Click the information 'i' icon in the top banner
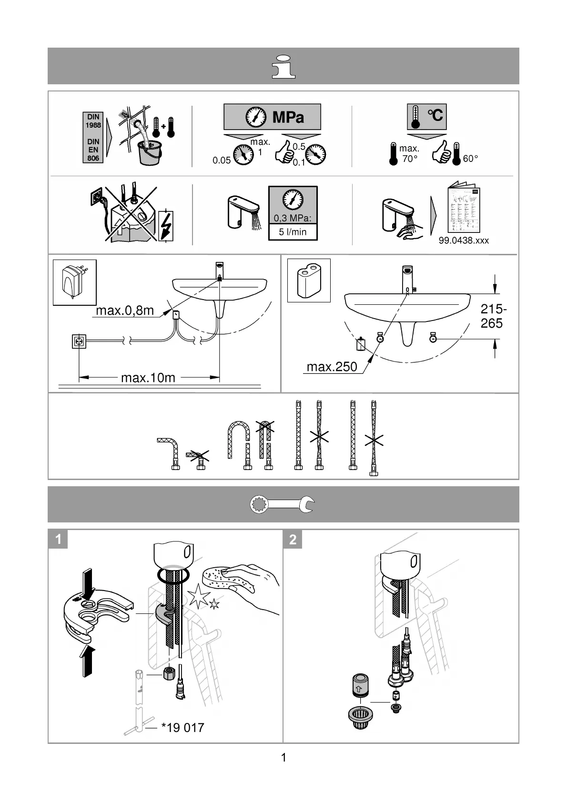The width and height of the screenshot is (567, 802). pos(283,66)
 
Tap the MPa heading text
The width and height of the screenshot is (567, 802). pos(288,117)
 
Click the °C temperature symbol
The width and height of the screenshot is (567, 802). pos(435,115)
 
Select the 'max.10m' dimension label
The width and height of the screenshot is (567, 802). pos(148,378)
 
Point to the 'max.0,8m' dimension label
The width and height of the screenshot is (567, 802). pos(125,311)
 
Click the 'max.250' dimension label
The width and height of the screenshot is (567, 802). pos(332,367)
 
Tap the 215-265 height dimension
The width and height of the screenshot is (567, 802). pos(493,316)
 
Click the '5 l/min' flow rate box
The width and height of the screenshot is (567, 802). pos(293,232)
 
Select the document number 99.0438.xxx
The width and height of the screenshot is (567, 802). pos(464,241)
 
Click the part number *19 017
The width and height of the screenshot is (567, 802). pos(182,728)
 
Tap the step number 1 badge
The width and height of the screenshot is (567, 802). pos(58,539)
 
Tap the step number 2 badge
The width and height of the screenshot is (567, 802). pos(293,539)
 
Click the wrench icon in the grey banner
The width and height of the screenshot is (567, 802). pos(283,504)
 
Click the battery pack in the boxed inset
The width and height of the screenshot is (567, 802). pos(309,281)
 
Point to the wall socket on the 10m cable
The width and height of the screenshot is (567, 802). pos(79,341)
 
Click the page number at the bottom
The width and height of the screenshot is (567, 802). pos(283,758)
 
